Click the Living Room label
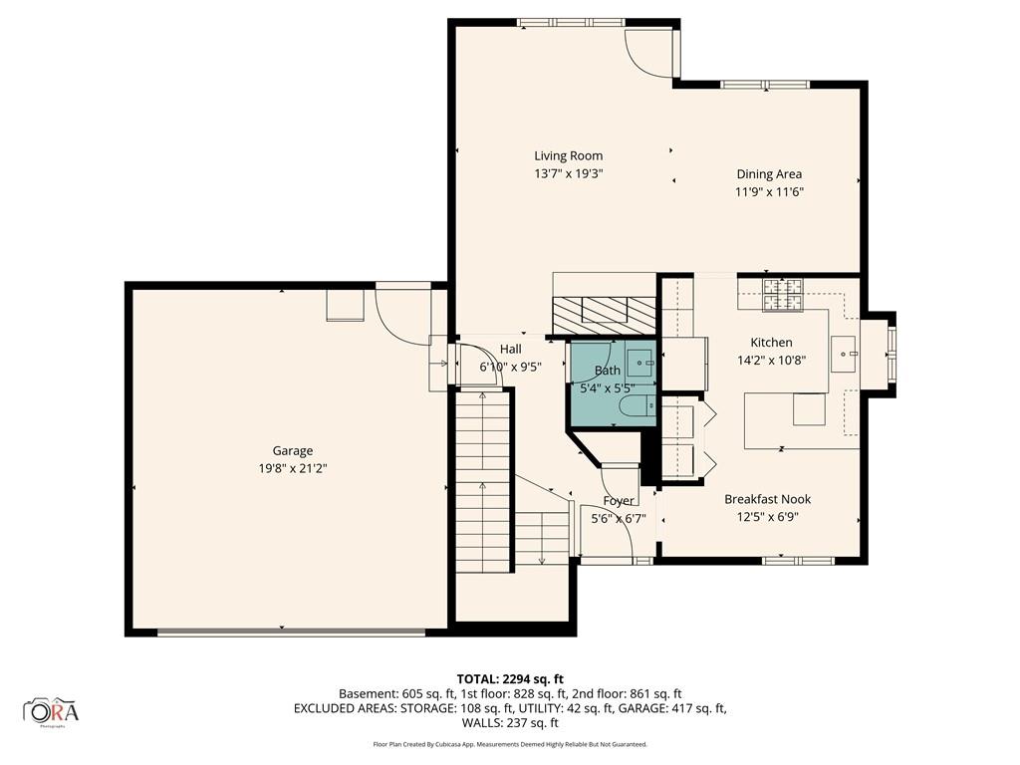568,155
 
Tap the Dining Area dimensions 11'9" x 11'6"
770,192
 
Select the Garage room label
293,451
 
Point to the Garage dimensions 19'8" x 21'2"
293,468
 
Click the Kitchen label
772,343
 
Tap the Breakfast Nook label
768,499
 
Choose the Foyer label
618,501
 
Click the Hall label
511,350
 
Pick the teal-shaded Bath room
613,383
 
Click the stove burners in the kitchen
784,295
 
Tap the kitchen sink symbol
846,354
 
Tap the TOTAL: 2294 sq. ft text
510,679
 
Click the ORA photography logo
51,711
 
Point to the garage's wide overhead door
291,632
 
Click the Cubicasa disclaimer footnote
510,744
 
